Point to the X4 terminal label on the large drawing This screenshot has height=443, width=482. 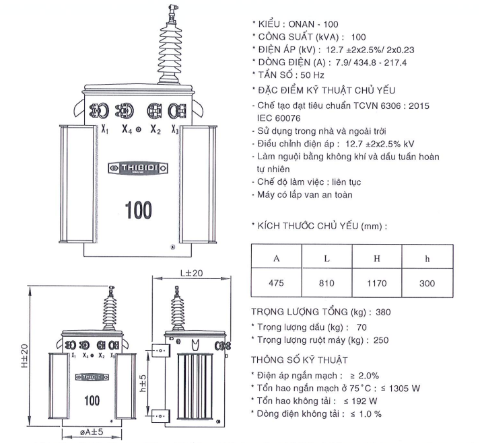[126, 130]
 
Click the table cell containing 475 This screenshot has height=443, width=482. [276, 284]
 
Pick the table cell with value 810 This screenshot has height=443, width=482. [326, 284]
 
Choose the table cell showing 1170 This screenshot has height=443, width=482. [376, 284]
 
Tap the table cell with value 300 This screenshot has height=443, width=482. [427, 284]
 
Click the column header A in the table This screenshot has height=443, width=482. [276, 258]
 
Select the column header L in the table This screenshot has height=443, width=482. [326, 258]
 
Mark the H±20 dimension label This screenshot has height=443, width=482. [24, 357]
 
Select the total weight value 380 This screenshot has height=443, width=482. [383, 312]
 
